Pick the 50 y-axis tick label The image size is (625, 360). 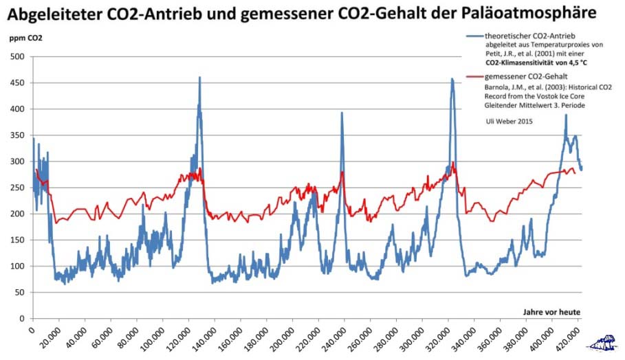19,293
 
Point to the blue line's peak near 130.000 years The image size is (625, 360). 199,78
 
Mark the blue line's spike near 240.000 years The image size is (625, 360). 342,113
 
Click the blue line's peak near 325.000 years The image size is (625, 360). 452,80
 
